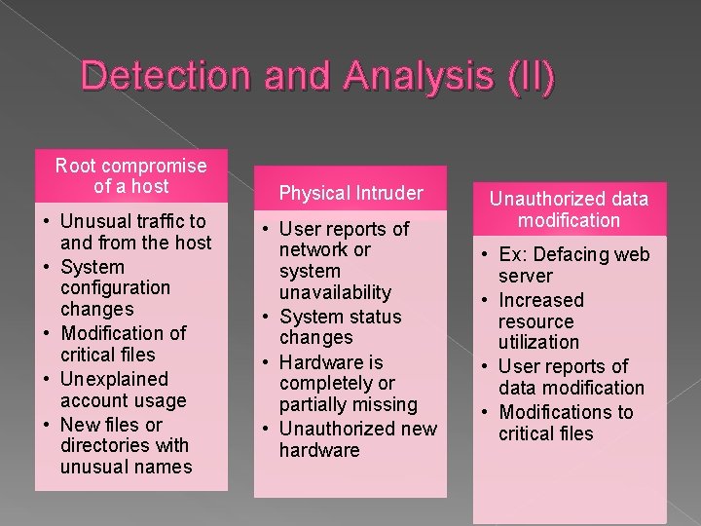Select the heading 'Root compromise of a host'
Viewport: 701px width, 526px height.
point(130,176)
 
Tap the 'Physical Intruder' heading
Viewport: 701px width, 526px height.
point(350,193)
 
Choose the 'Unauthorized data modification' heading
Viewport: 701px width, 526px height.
point(569,209)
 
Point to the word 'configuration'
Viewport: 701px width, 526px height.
point(115,287)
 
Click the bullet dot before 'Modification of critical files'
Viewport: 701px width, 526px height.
point(47,334)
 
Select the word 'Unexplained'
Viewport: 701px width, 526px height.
point(114,379)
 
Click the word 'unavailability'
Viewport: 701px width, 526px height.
point(335,292)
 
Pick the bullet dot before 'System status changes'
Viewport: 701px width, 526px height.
point(266,318)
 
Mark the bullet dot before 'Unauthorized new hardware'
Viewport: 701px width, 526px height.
point(266,430)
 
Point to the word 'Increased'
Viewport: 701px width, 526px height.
point(540,300)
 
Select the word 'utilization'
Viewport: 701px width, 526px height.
point(538,342)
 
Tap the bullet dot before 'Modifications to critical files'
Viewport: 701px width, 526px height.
point(485,413)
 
